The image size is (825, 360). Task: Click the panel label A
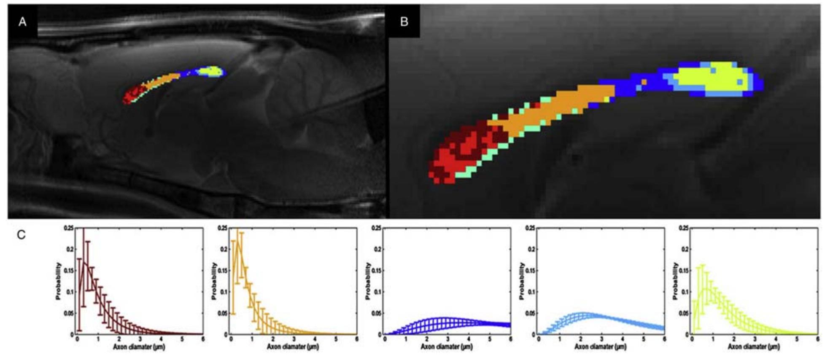[22, 21]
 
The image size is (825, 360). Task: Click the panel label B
[404, 21]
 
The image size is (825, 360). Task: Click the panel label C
[21, 235]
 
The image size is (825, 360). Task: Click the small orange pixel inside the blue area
[644, 81]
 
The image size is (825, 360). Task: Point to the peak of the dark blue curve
[443, 318]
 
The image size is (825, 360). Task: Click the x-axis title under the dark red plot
[139, 347]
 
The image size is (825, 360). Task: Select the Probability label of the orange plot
[214, 281]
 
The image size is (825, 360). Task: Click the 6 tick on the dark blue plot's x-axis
[510, 339]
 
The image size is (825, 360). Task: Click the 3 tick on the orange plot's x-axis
[294, 339]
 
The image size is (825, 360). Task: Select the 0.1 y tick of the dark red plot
[71, 292]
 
